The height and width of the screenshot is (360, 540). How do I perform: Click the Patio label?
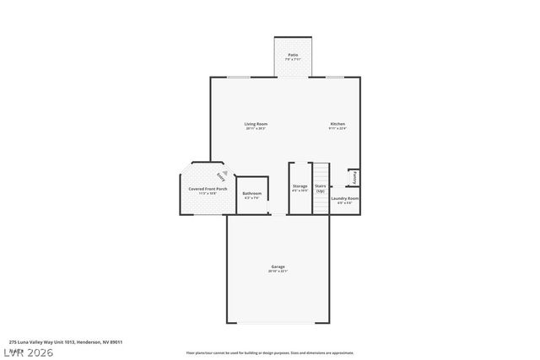[292, 55]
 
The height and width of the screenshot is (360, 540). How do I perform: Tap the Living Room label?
[256, 124]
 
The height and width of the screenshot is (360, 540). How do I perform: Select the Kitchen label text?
[337, 124]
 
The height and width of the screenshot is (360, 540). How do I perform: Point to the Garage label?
[278, 266]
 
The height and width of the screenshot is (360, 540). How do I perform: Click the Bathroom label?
[251, 193]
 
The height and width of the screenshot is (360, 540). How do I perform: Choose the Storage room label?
[300, 185]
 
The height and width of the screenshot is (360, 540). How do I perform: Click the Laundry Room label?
[345, 198]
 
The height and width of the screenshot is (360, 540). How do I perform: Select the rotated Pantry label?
[355, 178]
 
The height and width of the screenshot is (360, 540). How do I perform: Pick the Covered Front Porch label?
[208, 189]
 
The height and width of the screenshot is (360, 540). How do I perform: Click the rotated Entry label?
[221, 177]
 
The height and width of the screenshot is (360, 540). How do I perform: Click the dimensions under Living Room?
[256, 129]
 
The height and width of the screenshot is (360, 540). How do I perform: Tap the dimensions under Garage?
[278, 271]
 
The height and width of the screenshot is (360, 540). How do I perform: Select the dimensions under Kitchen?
[337, 129]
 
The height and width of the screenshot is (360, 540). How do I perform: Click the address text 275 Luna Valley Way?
[66, 342]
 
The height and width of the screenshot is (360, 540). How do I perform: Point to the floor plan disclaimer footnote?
[269, 353]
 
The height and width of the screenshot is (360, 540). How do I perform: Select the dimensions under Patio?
[292, 60]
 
